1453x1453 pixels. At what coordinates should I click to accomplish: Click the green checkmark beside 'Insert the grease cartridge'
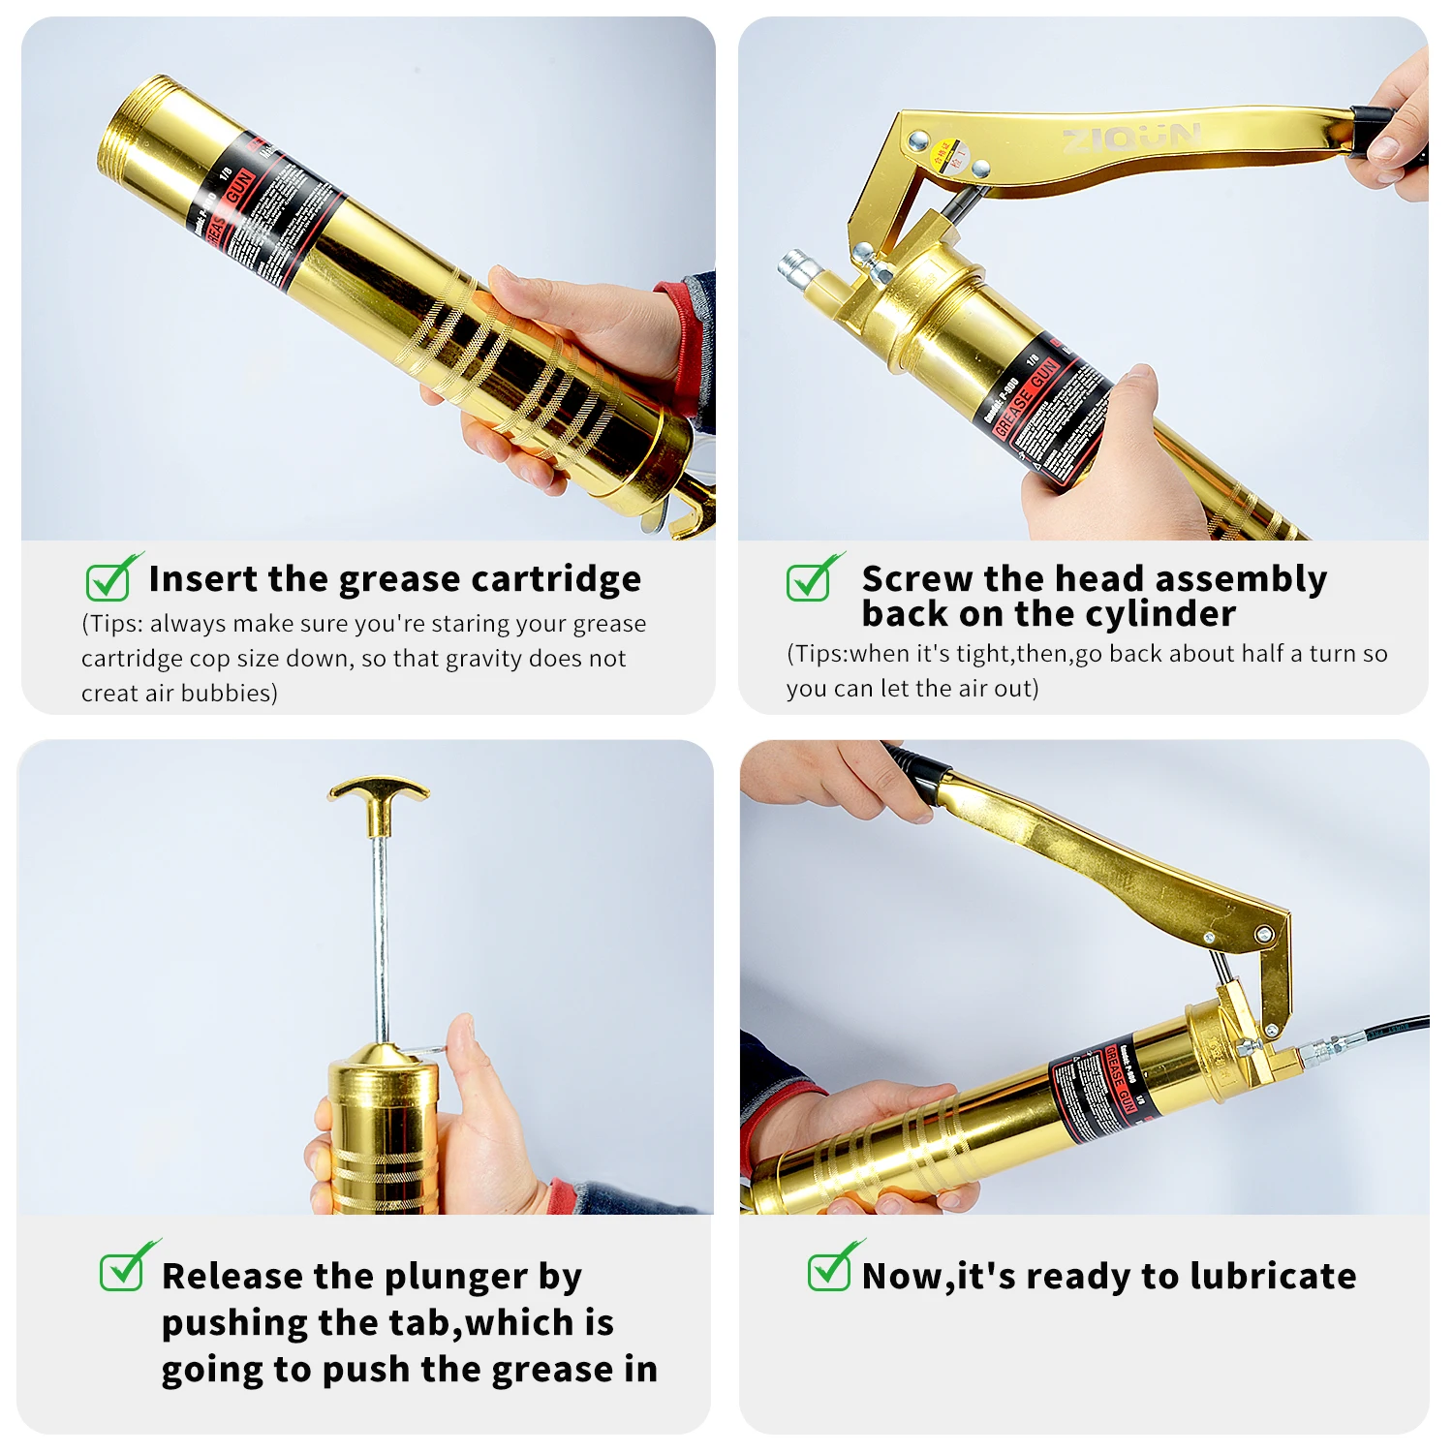pos(109,579)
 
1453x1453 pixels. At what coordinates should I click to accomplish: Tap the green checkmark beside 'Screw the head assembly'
pos(811,579)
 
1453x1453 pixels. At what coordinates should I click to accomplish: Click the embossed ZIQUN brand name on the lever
pos(1131,139)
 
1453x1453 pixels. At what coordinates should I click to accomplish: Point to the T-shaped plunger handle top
pos(378,790)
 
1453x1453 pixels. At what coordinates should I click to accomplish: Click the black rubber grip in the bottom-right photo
pos(916,772)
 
